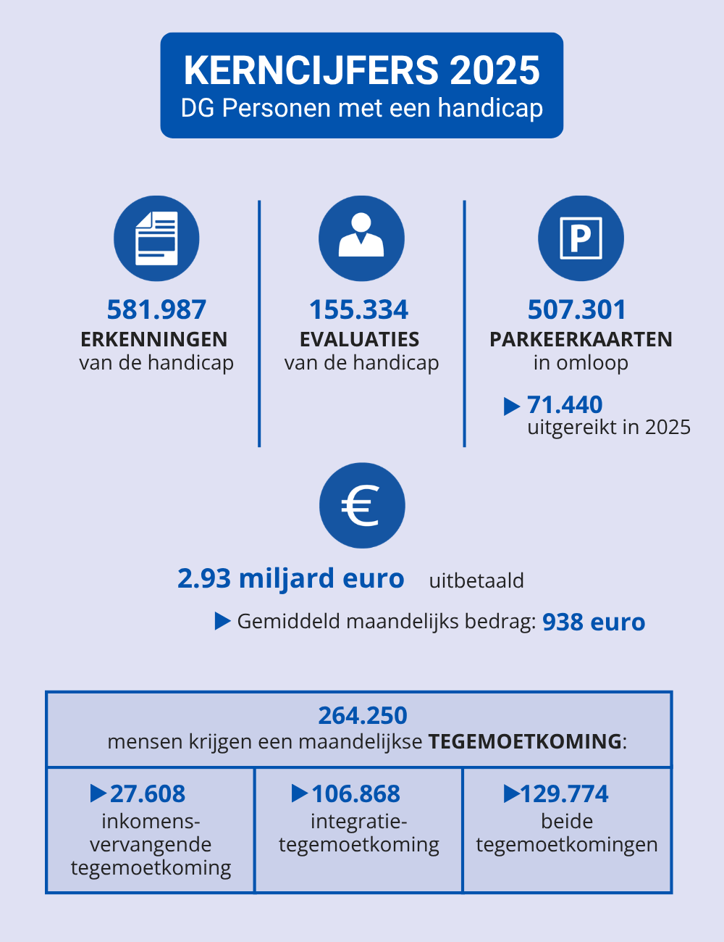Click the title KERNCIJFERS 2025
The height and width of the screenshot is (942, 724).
coord(362,70)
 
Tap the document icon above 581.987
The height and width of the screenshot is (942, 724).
coord(156,238)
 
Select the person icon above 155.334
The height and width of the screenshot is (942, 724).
coord(361,238)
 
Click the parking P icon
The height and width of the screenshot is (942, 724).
coord(581,238)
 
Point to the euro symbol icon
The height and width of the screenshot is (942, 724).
coord(362,506)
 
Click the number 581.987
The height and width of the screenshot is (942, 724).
coord(156,310)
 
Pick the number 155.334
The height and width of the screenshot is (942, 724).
coord(358,310)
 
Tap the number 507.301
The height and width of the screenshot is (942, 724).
coord(576,310)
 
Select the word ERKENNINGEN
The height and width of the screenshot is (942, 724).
coord(154,339)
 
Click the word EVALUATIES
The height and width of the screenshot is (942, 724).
coord(360,339)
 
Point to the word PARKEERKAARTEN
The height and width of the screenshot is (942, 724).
coord(581,339)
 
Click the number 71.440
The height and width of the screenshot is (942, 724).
coord(565,404)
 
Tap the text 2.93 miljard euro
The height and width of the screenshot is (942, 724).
coord(291,578)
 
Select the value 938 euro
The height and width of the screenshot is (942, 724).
coord(594,622)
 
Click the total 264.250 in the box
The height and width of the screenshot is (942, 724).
coord(363,715)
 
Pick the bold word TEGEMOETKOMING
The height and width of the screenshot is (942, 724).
coord(525,741)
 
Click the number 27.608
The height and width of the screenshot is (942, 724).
coord(148,793)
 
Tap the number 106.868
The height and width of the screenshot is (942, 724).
coord(355,793)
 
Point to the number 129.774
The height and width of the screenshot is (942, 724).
coord(564,793)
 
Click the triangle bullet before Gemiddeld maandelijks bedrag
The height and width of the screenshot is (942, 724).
coord(222,621)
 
